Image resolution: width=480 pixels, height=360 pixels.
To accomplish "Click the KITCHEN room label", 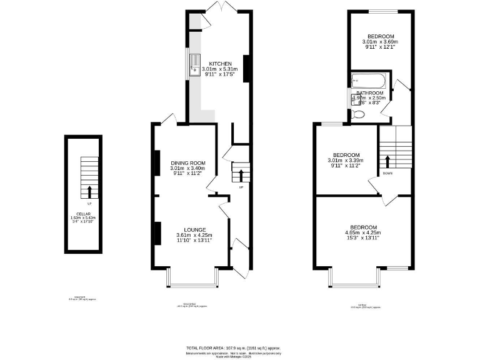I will coord(220,64).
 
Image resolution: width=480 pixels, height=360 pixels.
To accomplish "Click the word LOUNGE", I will coord(194,229).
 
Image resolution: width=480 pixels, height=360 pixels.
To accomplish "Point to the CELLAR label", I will coord(83,214).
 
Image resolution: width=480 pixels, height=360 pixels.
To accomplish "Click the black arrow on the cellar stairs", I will coord(89,191).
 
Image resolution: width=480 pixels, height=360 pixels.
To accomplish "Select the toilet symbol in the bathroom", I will coord(358,114).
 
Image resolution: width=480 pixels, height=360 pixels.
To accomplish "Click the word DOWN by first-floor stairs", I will coord(387,173).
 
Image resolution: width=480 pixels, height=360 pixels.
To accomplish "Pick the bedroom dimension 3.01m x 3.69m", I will coord(381,42).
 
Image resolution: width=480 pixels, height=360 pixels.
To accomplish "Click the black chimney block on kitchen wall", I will coord(246,67).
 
